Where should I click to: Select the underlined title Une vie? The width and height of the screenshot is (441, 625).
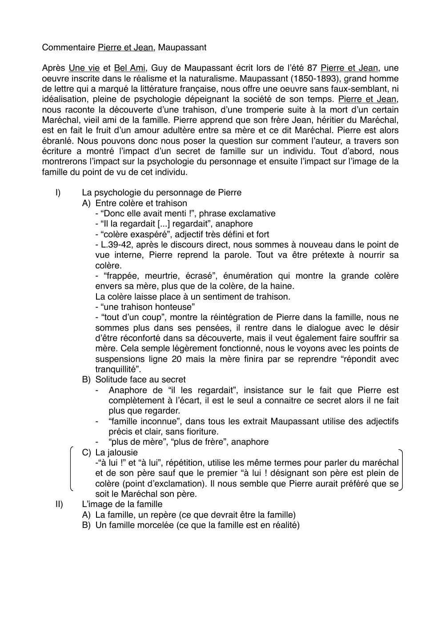(84, 68)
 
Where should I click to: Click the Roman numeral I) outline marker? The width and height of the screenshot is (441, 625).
(58, 193)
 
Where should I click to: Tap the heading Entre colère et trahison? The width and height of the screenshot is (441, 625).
(141, 203)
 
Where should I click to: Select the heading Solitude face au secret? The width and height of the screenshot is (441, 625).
(140, 380)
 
